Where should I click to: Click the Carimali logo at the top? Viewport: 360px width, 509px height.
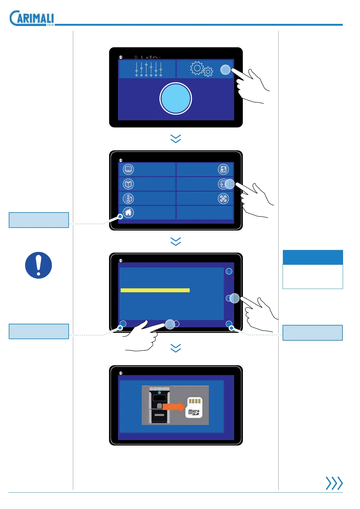click(32, 18)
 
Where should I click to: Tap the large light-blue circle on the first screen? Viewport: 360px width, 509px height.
click(175, 99)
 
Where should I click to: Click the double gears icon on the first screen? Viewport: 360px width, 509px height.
click(201, 69)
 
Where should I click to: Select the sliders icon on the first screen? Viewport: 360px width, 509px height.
click(149, 69)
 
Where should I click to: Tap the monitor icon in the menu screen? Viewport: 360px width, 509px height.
click(128, 169)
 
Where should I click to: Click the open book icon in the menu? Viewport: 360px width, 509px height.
click(128, 184)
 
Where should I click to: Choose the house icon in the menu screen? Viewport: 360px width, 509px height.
click(128, 212)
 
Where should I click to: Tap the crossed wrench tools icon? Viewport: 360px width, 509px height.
click(223, 199)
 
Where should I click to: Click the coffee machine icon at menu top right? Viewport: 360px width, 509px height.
click(223, 169)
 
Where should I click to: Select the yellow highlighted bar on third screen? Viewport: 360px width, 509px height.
click(155, 290)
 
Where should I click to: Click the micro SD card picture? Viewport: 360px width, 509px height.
click(194, 407)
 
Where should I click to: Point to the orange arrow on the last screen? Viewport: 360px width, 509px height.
click(174, 407)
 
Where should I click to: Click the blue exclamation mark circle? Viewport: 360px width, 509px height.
click(38, 265)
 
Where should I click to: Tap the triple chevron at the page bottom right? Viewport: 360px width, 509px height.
click(334, 483)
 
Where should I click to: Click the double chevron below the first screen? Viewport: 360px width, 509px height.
click(176, 139)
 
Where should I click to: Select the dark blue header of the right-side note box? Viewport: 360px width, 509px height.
click(313, 257)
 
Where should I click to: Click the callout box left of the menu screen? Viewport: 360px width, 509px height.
click(39, 220)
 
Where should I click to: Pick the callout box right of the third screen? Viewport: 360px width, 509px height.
click(313, 332)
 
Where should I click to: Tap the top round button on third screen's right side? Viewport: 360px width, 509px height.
click(229, 271)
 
